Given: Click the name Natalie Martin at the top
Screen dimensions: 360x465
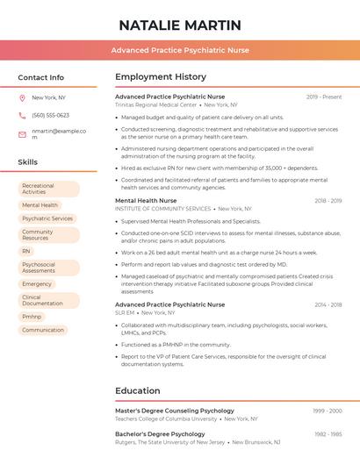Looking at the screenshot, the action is (x=180, y=25).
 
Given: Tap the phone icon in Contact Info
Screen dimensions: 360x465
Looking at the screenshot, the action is (x=22, y=115).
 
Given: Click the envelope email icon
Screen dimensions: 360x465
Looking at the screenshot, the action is (x=22, y=134).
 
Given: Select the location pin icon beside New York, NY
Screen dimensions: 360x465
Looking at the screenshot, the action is (x=22, y=97).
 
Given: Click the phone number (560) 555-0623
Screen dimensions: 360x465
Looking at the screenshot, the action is (x=50, y=115).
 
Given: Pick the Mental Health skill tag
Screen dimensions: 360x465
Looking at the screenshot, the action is (x=40, y=205).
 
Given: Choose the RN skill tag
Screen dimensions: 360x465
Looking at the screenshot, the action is (x=26, y=251).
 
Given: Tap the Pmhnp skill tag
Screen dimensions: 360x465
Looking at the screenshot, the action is (x=32, y=317).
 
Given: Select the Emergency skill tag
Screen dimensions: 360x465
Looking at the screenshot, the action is (x=37, y=284).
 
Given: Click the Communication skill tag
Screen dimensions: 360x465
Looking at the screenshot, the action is (x=43, y=330).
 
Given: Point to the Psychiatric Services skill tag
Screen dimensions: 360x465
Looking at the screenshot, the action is (x=47, y=218).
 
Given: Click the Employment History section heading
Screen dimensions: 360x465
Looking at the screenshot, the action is (x=161, y=77).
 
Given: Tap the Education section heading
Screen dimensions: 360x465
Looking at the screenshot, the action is (x=139, y=390).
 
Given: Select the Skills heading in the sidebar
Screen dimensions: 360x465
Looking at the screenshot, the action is (x=28, y=162).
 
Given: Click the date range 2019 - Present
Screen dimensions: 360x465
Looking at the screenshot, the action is (x=324, y=97).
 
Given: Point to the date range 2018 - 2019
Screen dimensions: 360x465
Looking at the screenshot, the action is (x=328, y=201).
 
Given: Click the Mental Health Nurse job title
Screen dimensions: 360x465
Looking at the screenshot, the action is (x=146, y=201).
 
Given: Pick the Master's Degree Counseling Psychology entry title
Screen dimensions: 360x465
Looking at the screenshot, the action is (x=175, y=411).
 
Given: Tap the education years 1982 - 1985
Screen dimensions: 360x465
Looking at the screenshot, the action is (x=328, y=434).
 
